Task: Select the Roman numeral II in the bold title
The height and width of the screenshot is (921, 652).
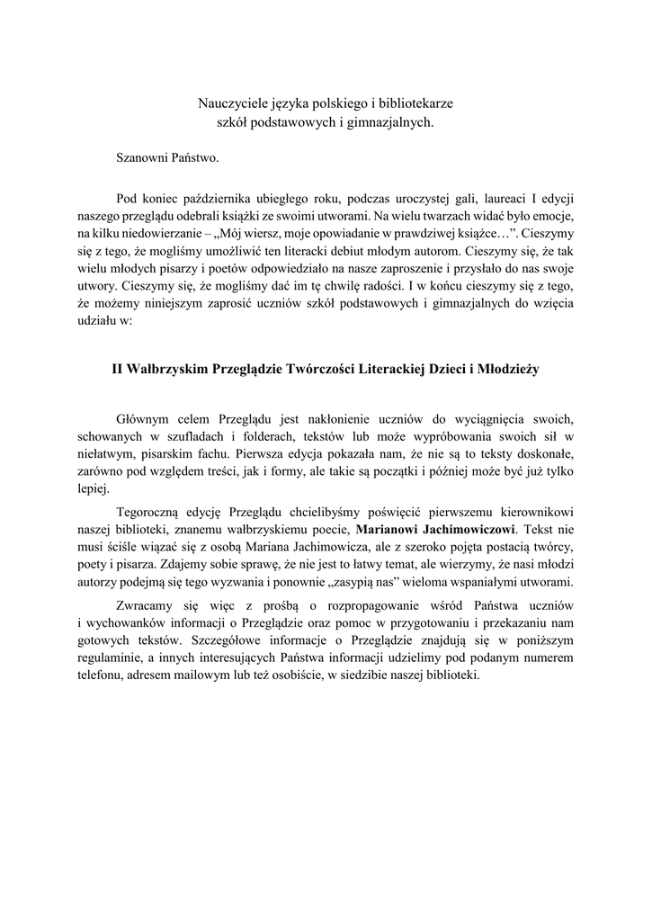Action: (x=117, y=369)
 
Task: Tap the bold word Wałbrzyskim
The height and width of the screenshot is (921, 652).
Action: (x=166, y=369)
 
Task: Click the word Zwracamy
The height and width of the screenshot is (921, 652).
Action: (x=146, y=605)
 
